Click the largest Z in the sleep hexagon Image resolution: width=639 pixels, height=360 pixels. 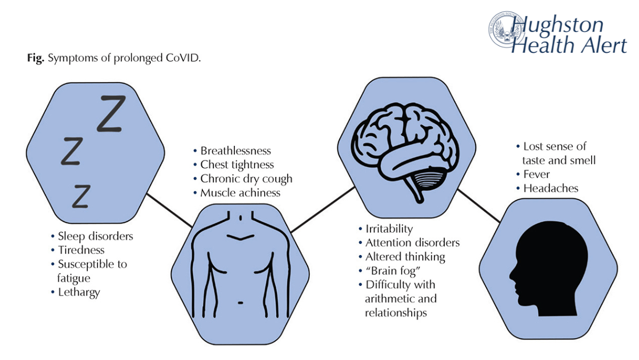click(x=111, y=113)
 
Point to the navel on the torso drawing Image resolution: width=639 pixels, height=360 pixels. click(x=241, y=302)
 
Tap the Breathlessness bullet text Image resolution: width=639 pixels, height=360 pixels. click(x=235, y=151)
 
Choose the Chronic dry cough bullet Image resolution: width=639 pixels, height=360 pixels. click(x=246, y=179)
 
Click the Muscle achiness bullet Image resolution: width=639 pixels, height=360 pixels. click(x=240, y=193)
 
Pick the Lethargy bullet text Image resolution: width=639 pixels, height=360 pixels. click(x=79, y=292)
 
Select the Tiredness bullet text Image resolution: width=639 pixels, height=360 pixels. click(x=81, y=250)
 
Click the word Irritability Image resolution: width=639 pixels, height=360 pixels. click(x=389, y=229)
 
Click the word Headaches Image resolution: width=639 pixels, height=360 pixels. click(x=551, y=188)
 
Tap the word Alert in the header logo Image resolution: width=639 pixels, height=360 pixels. click(x=601, y=45)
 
